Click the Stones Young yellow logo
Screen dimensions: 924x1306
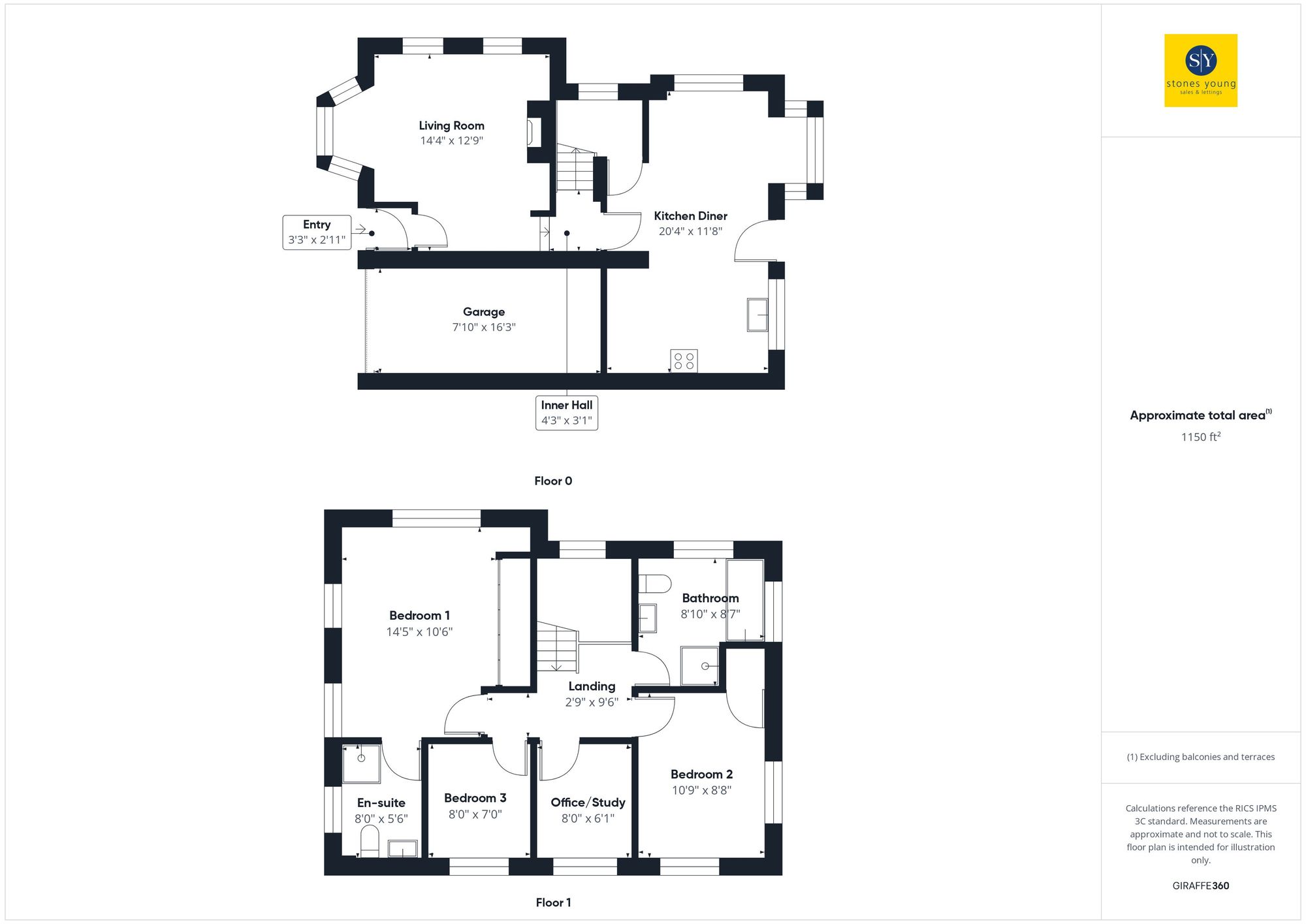pos(1200,71)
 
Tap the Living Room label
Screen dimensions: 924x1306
pos(451,125)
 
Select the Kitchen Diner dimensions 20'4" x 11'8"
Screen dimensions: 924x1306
pos(690,231)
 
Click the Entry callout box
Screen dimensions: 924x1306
pos(317,232)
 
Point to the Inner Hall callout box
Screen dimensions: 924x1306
pos(566,413)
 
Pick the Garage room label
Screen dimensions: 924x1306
pos(484,312)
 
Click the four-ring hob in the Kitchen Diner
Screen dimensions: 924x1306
pos(684,361)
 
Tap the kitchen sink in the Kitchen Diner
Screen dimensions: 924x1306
pos(757,315)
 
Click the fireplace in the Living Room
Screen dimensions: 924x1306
pos(534,133)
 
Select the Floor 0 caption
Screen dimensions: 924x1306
pos(553,481)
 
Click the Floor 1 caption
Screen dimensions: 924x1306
pos(553,902)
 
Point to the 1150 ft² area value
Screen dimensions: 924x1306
pos(1200,437)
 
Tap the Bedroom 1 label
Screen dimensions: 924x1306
pos(419,616)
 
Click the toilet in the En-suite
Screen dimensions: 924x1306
pos(370,841)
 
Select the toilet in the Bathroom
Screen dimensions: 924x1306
pos(654,583)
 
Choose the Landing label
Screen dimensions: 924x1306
pos(592,686)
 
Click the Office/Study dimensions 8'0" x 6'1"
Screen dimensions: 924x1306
pos(588,818)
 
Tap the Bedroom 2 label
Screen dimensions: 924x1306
pos(701,774)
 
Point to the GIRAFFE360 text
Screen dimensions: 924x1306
pos(1200,886)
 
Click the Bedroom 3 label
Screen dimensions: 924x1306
pos(475,798)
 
